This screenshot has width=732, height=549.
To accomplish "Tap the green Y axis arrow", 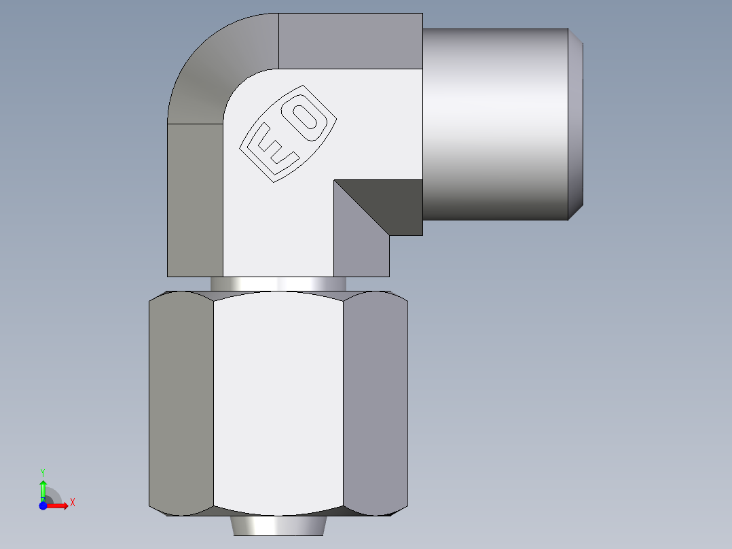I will click(43, 488).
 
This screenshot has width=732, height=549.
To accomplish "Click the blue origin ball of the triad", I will click(43, 506).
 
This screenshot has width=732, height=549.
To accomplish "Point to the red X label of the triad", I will click(72, 503).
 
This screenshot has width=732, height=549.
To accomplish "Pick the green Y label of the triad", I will click(43, 472).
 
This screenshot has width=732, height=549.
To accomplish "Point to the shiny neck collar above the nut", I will click(278, 284).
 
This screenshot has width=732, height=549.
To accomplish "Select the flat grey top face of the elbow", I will click(350, 41).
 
